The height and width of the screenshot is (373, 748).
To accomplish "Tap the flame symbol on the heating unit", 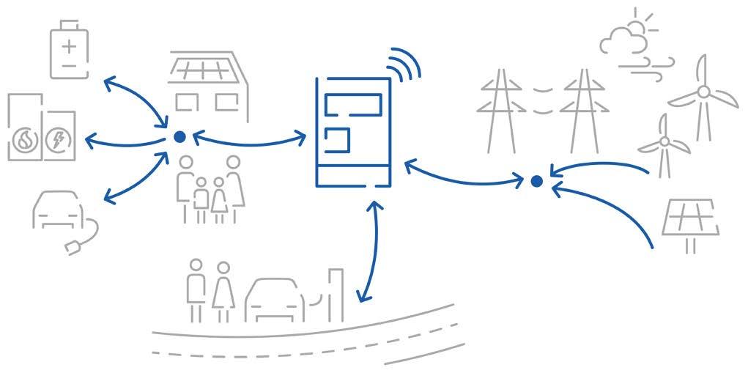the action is coord(23,141).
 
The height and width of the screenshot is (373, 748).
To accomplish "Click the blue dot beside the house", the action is coord(179,136).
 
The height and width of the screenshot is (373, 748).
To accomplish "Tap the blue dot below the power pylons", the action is coord(536,180).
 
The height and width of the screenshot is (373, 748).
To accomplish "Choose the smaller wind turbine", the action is coord(664,143).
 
